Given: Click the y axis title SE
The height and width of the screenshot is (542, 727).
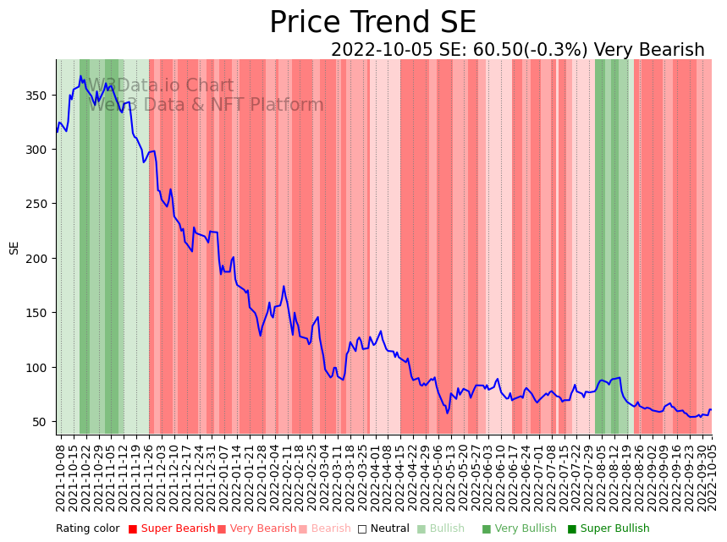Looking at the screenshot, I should [14, 248].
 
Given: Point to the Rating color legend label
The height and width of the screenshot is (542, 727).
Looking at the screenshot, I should [88, 529].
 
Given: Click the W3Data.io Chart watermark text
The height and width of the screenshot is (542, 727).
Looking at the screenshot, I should [161, 86].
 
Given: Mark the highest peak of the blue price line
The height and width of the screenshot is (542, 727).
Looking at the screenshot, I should [81, 76].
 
